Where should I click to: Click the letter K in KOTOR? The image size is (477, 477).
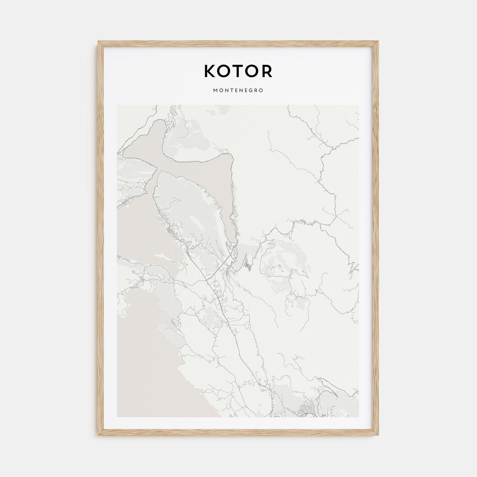pyautogui.click(x=210, y=71)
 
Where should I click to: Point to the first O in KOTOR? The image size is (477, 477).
pyautogui.click(x=224, y=71)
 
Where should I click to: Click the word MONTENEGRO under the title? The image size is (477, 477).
pyautogui.click(x=238, y=91)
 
